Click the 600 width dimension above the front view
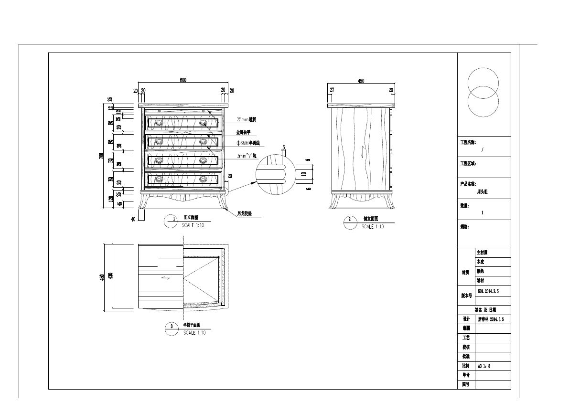[183, 80]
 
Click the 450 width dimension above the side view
[361, 81]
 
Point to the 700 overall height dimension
[101, 157]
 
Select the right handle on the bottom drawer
[204, 179]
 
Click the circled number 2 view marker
[350, 220]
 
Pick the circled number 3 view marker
[172, 327]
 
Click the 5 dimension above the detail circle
[283, 148]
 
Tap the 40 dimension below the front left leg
[134, 219]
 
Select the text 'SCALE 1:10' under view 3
[194, 333]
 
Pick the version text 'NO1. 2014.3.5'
[488, 291]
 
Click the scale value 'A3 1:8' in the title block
[484, 366]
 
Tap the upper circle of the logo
[483, 84]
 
